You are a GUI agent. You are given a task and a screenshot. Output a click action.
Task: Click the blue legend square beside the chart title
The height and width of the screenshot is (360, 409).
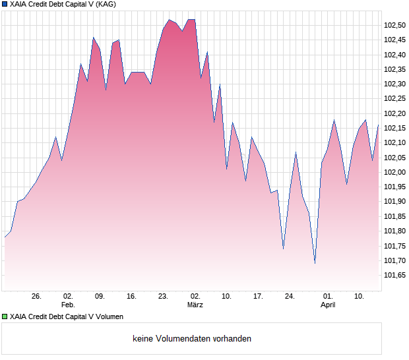(5, 5)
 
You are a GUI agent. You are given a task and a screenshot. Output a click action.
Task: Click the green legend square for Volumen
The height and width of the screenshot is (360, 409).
(5, 317)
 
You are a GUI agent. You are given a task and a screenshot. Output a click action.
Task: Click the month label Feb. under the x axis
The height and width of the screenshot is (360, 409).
(68, 305)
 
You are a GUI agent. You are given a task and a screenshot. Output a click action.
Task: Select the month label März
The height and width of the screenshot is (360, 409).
(195, 305)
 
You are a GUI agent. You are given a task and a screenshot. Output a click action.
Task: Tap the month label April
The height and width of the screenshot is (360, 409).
(328, 305)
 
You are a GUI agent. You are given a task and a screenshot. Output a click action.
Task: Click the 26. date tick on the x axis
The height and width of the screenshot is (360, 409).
(36, 297)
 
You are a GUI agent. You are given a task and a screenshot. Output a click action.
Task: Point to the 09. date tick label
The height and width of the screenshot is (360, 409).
(100, 297)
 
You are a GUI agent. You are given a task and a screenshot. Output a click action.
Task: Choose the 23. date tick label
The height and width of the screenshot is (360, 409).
(163, 297)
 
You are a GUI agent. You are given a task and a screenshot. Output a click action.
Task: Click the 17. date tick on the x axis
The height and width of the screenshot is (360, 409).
(258, 297)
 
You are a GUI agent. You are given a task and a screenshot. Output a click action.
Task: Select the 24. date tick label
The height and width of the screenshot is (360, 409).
(290, 297)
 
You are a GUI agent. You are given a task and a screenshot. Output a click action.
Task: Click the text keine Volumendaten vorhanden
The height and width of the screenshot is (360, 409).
(192, 339)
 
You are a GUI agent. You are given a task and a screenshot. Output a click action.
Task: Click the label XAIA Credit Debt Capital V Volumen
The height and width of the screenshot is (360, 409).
(67, 317)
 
